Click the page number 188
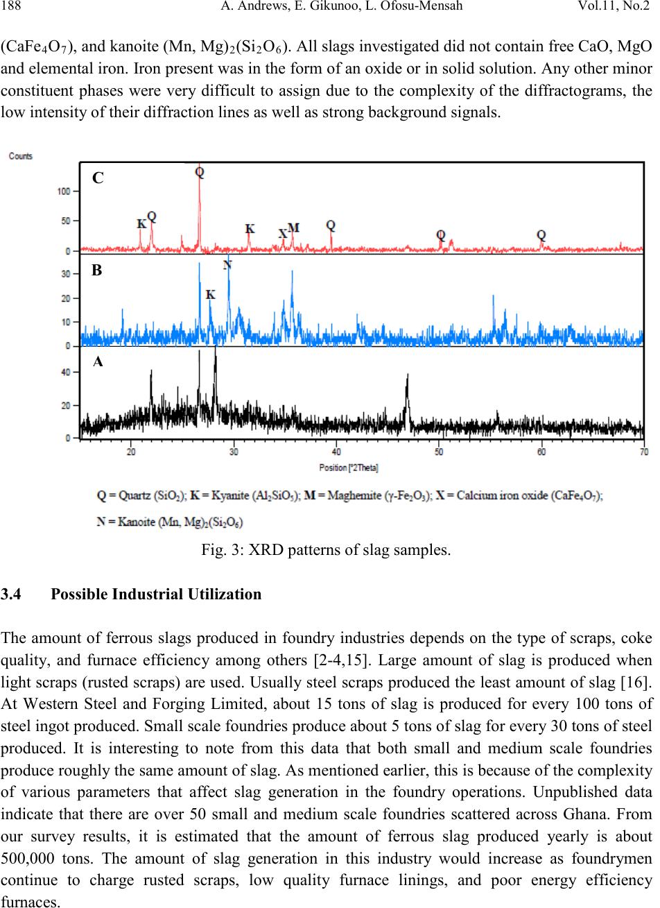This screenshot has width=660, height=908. tap(11, 6)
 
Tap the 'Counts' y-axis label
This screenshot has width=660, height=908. tap(20, 156)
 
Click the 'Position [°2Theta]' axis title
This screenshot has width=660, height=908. tap(349, 468)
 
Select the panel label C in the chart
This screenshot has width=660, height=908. tap(98, 178)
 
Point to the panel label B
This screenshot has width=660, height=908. tap(97, 271)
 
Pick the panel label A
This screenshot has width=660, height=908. tap(98, 361)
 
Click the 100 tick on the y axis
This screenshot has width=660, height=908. tap(64, 191)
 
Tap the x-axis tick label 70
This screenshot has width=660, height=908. tap(644, 452)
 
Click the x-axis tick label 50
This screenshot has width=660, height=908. tap(439, 452)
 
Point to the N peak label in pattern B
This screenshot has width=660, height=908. tap(227, 265)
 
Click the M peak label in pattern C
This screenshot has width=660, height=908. tap(294, 228)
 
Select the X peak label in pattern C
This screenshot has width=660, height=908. tap(283, 234)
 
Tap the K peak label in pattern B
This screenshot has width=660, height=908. tap(211, 295)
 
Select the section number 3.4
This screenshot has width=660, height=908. tap(11, 594)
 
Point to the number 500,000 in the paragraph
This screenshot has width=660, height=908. tap(28, 858)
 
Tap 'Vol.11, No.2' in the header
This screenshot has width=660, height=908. tap(614, 6)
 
